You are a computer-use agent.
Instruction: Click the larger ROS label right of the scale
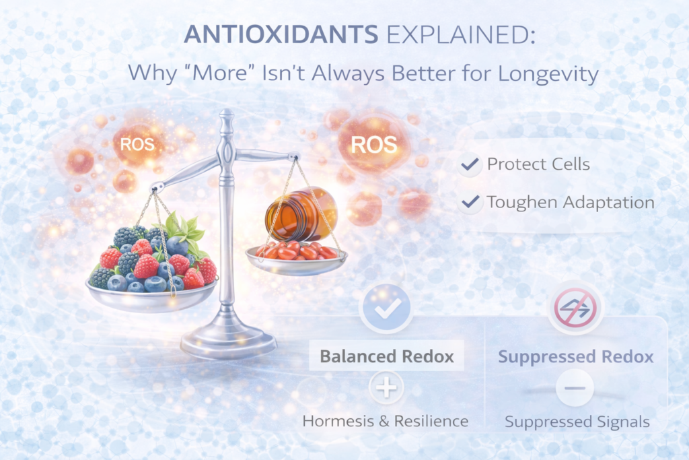[x=373, y=144]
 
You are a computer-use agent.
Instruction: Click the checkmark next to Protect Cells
[x=470, y=164]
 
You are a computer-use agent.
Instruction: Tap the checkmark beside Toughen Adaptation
[x=470, y=201]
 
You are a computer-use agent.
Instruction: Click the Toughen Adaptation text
[x=570, y=201]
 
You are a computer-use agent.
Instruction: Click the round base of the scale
[x=228, y=343]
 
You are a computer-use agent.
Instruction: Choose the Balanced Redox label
[x=386, y=356]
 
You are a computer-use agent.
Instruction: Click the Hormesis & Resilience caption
[x=386, y=422]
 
